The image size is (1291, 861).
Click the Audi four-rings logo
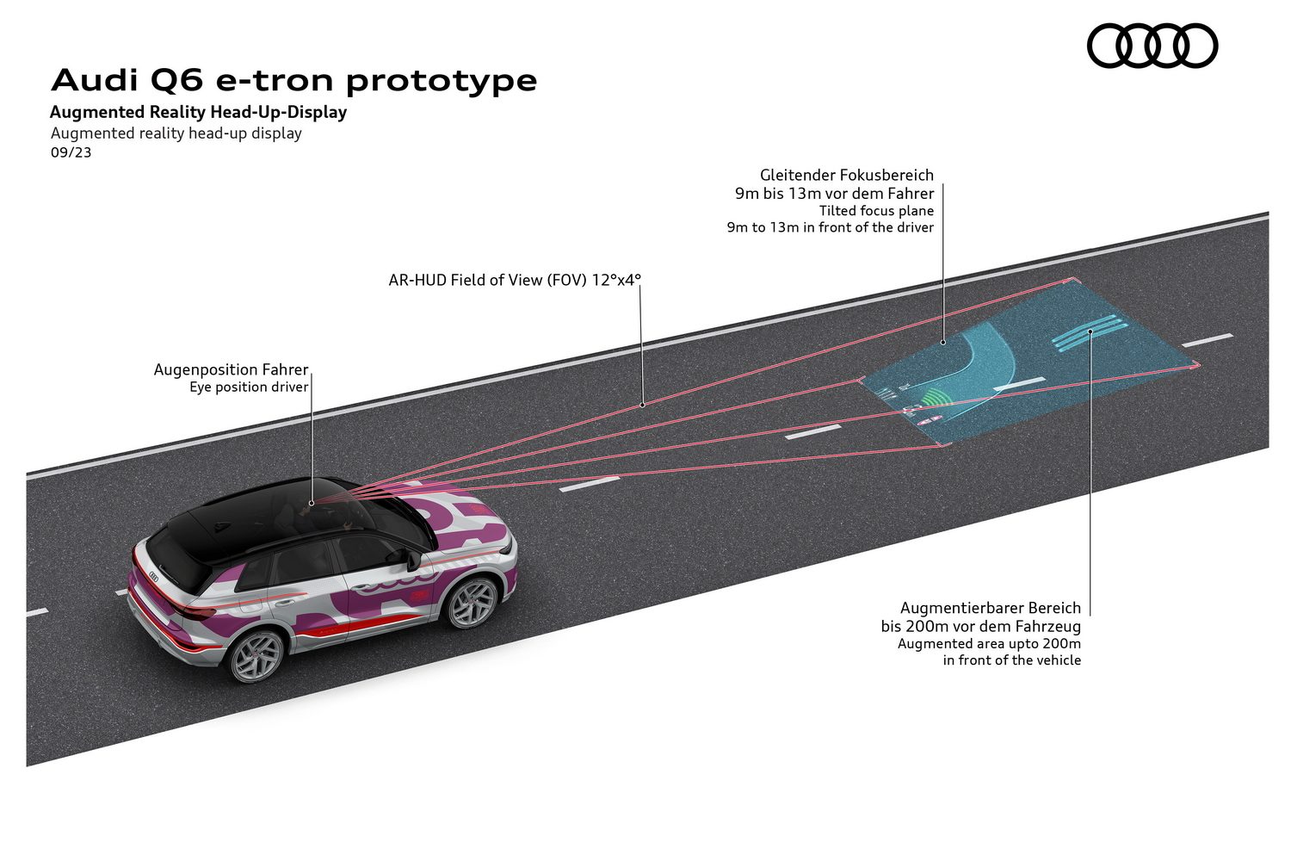click(1152, 46)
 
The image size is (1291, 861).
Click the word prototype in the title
click(442, 81)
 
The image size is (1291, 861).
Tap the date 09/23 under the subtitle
click(71, 153)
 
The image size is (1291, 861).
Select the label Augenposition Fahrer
click(231, 369)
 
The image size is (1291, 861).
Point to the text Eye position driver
click(249, 387)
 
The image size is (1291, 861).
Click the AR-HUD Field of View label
click(515, 280)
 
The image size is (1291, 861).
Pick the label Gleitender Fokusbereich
click(846, 175)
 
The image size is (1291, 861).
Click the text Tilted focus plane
click(876, 211)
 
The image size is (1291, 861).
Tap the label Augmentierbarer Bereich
click(990, 608)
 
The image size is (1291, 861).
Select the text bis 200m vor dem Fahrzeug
click(980, 627)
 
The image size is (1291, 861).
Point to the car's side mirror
click(411, 557)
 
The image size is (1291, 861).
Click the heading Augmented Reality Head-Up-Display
click(198, 112)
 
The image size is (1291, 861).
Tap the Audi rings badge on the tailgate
click(154, 576)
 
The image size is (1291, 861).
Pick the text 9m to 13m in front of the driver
click(830, 228)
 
